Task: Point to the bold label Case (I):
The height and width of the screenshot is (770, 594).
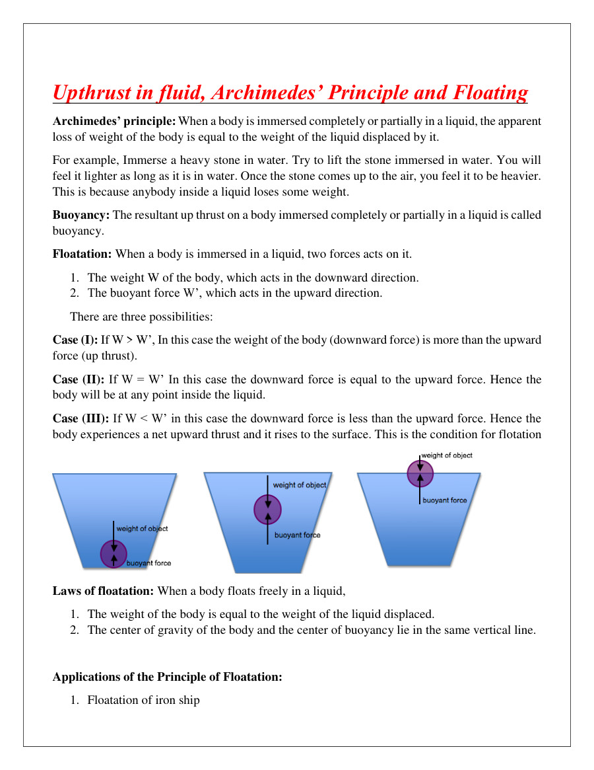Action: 75,340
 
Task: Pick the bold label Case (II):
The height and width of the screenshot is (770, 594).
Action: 79,379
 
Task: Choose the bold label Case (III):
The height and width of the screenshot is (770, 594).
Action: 81,418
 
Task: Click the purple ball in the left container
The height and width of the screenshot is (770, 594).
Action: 114,554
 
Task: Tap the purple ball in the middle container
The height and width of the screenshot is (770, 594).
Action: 267,509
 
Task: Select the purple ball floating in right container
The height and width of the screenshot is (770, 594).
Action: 420,473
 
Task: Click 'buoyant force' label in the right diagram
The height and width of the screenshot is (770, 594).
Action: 444,500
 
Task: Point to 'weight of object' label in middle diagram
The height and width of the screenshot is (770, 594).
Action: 300,485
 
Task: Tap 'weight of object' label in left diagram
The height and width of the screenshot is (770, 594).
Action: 142,528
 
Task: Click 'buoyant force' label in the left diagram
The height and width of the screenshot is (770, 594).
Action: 148,563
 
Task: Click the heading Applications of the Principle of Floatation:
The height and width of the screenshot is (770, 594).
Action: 168,677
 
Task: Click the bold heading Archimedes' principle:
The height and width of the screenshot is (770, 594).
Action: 114,122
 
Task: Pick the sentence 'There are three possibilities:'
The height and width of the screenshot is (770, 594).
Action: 141,317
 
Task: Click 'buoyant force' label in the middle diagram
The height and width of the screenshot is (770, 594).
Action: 297,535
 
